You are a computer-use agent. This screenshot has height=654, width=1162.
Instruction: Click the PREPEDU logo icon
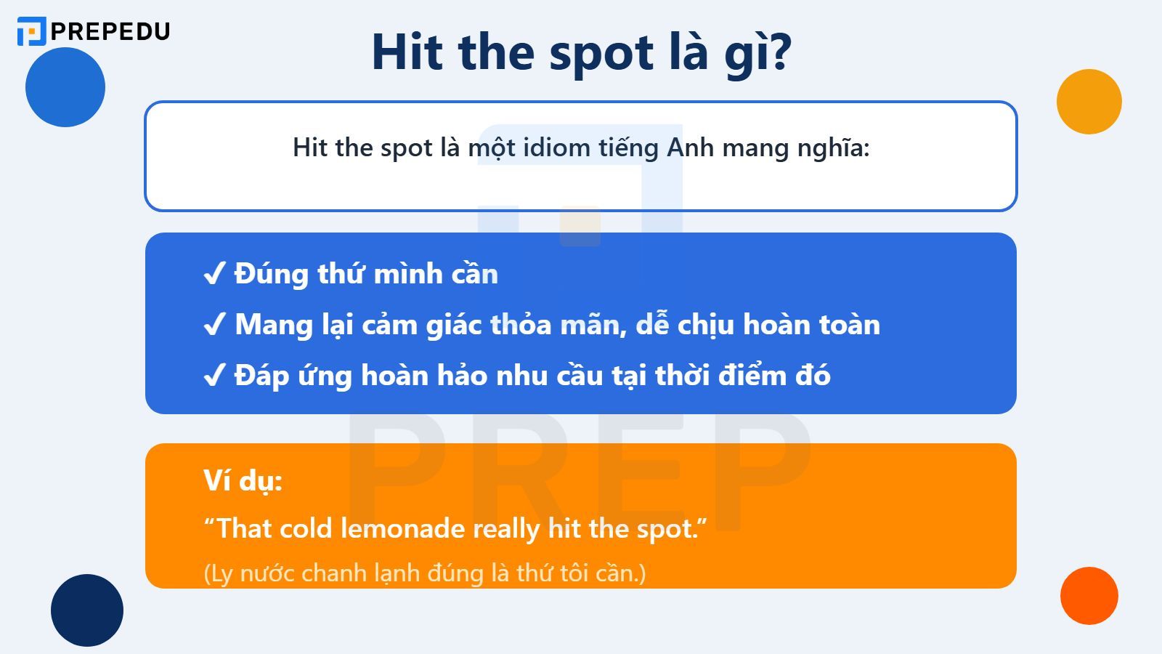pos(31,31)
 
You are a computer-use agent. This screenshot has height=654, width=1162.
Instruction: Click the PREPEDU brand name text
pos(110,31)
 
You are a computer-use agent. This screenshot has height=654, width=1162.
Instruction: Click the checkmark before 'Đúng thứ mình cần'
pos(214,275)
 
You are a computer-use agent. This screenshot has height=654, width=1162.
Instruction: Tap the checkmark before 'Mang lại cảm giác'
pos(214,325)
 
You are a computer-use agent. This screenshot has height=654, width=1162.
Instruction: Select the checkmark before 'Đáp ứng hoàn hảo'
pos(214,376)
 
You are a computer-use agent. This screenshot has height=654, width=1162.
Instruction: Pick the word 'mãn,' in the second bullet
pos(596,325)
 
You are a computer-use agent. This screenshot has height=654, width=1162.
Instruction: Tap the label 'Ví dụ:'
pos(243,480)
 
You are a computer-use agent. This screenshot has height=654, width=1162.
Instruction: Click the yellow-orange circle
pos(1089,102)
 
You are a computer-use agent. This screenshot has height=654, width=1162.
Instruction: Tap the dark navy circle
pos(87,610)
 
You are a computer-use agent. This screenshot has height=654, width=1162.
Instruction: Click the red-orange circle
pos(1089,596)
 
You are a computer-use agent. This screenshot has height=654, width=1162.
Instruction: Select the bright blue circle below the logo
pos(65,87)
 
